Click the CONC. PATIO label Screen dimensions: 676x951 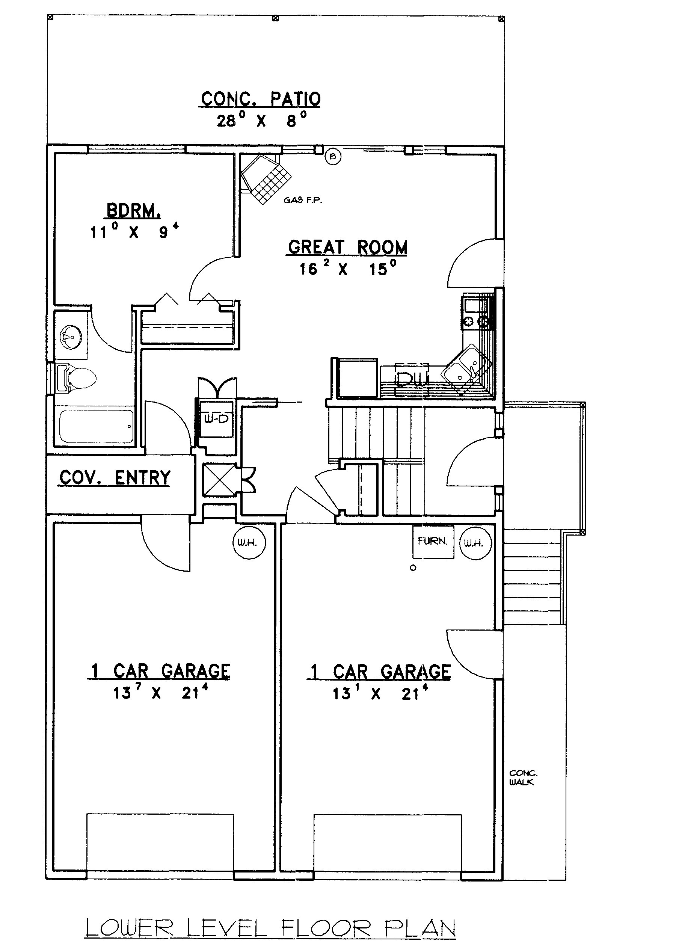[261, 99]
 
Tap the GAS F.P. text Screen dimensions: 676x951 [303, 200]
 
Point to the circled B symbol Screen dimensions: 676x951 [333, 157]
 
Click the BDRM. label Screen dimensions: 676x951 [134, 211]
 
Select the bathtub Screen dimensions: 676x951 [96, 427]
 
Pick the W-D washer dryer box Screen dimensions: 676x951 [216, 419]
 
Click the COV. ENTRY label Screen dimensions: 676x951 [115, 478]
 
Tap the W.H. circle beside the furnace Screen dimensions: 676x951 [475, 543]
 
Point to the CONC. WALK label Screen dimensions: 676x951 [523, 777]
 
